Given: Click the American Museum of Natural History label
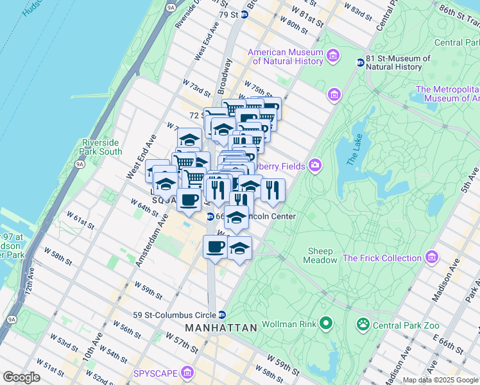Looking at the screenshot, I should pos(285,57).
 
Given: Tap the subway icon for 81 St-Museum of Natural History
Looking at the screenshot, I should pos(361,62).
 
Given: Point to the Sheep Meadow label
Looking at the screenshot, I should pos(321,255).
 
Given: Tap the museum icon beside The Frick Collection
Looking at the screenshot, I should pos(431,258).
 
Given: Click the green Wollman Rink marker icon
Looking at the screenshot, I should pos(326,322).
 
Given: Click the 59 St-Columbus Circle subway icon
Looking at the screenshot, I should pos(221,314).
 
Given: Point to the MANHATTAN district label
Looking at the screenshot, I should pos(221,328).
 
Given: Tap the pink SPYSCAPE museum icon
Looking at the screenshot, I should pos(187,373).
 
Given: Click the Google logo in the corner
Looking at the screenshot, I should pos(21,377).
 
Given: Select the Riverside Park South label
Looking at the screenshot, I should pos(101,147).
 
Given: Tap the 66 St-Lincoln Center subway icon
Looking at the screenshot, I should pos(210,216).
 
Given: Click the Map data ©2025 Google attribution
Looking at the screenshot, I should pos(440,380).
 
